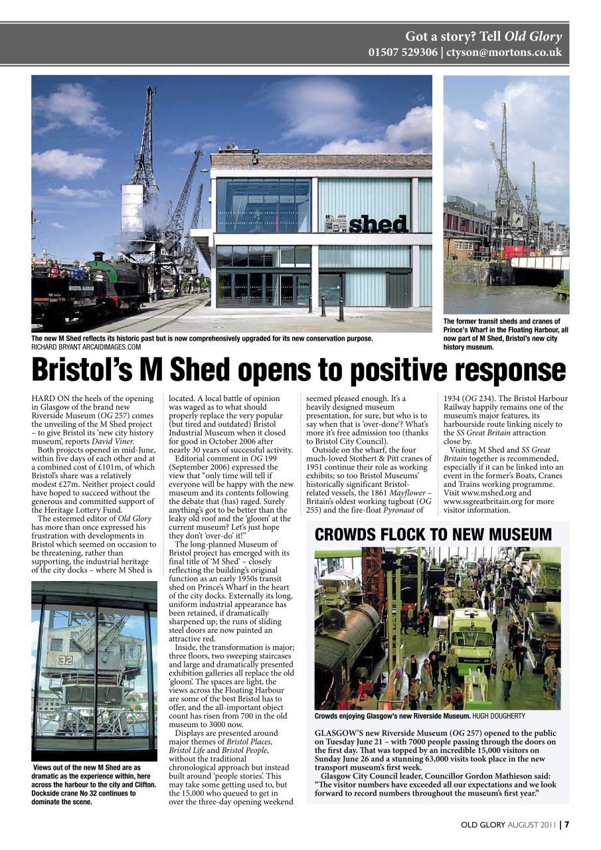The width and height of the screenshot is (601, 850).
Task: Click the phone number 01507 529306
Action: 402,52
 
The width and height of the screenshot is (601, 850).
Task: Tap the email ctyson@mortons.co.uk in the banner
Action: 504,52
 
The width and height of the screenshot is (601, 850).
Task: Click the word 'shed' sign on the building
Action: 377,224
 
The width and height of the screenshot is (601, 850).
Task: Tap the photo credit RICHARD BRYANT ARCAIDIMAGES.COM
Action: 86,347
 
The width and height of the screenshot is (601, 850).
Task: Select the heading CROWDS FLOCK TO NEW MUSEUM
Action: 433,535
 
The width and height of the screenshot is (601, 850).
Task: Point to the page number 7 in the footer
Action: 566,825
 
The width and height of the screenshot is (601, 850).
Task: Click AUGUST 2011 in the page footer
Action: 533,825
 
